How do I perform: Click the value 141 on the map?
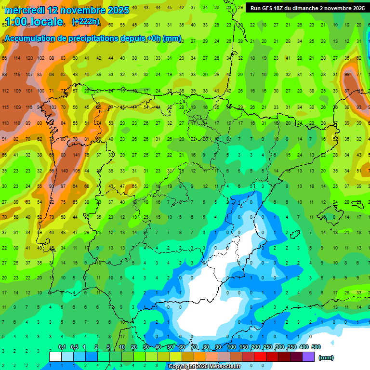pos(76,155)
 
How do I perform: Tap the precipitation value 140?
pos(64,171)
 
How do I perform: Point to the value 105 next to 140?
pos(76,171)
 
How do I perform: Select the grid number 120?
pos(28,58)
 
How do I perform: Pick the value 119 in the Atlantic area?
pos(17,75)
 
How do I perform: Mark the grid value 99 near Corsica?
pos(347,75)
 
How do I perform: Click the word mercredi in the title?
pos(25,10)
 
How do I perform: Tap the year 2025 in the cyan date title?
pos(115,10)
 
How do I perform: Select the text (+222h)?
pos(86,21)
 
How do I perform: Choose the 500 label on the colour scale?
pos(316,347)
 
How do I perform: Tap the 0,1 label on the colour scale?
pos(62,347)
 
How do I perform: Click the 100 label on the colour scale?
pos(231,347)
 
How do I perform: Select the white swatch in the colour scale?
pos(55,357)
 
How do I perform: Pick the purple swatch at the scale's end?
pos(308,357)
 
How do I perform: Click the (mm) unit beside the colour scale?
pos(326,357)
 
